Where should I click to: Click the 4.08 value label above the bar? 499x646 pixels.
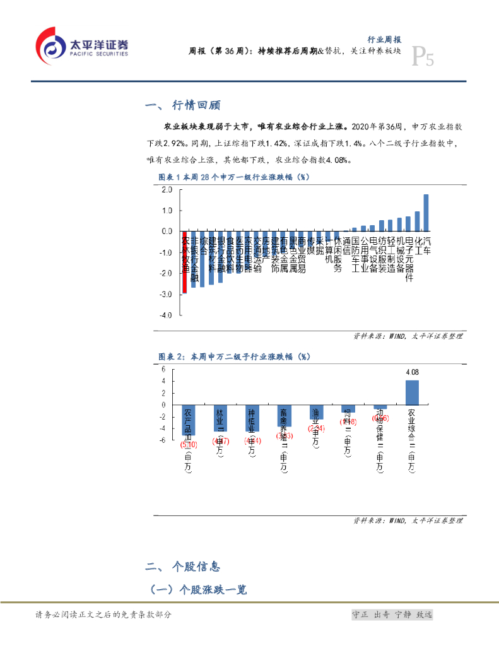click(x=412, y=372)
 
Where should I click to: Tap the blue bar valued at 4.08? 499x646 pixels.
click(x=412, y=392)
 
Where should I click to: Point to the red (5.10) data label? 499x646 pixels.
click(x=189, y=444)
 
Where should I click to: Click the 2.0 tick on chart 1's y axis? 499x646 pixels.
click(x=167, y=190)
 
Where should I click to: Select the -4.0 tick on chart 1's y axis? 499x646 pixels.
click(x=166, y=315)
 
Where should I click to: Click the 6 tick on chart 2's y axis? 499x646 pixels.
click(x=163, y=370)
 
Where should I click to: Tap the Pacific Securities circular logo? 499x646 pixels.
click(x=50, y=46)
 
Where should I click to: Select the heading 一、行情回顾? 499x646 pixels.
click(x=182, y=105)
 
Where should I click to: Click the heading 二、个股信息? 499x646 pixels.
click(x=182, y=566)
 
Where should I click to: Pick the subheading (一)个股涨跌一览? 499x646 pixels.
click(x=198, y=590)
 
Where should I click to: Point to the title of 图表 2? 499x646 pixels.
click(x=233, y=356)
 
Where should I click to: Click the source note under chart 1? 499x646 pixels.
click(x=408, y=336)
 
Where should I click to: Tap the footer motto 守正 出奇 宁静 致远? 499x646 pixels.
click(x=392, y=614)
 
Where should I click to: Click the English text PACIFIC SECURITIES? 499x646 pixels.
click(x=98, y=54)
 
